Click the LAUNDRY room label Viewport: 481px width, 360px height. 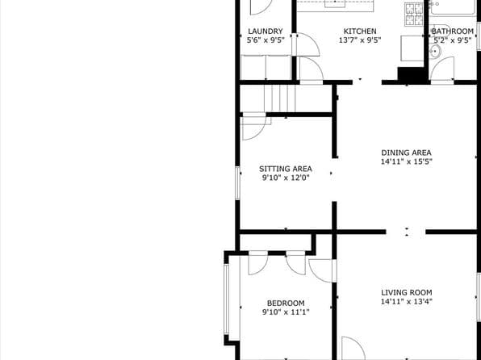pos(265,31)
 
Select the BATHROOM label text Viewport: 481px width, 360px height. pos(453,31)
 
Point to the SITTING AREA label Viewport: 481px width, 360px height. pos(285,169)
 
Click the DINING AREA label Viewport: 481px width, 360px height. pos(406,152)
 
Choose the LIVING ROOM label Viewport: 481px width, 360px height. pos(407,292)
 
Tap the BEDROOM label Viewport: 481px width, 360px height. pos(286,303)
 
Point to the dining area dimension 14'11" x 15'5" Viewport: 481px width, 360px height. pos(406,161)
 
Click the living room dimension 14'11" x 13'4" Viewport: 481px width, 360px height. pos(407,302)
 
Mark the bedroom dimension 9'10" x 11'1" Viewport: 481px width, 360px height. pos(287,312)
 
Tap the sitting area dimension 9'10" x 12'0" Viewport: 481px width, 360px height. pos(285,178)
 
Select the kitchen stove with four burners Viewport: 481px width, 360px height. pos(414,13)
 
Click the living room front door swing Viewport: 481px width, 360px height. pos(352,349)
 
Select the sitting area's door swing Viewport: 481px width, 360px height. pos(253,128)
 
